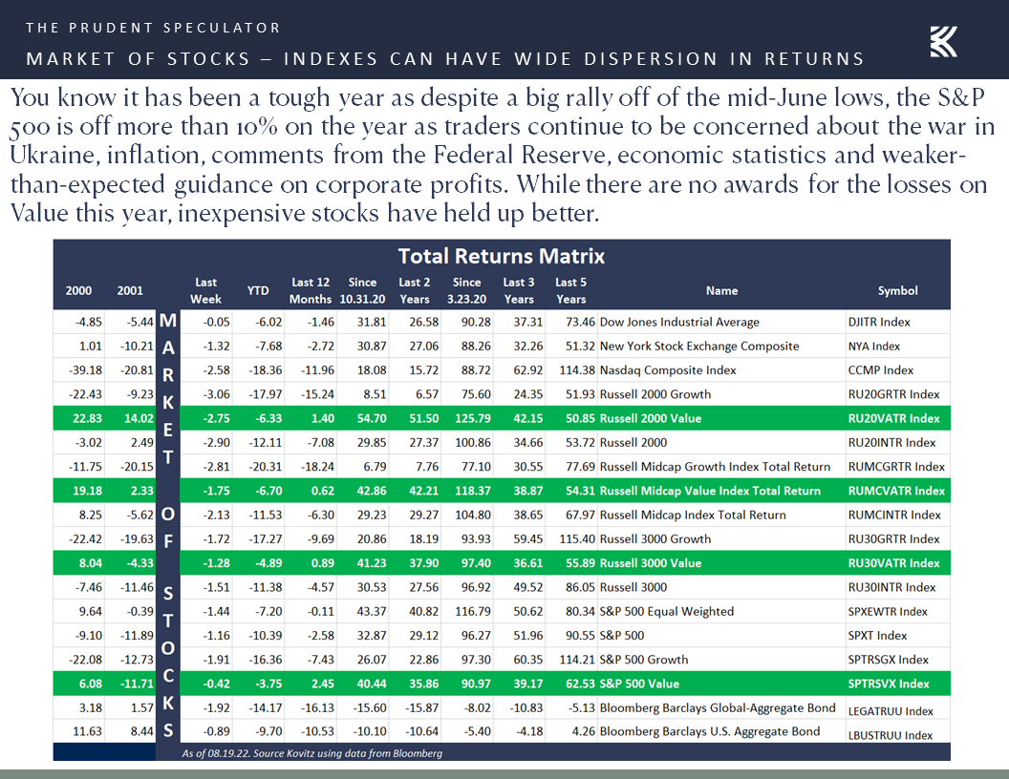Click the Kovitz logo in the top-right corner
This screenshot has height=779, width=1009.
[x=943, y=42]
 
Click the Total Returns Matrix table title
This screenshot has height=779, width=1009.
[x=502, y=256]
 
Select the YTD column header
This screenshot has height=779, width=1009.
[x=258, y=290]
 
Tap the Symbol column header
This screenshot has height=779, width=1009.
[x=897, y=291]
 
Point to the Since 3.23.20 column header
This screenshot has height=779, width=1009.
[x=466, y=290]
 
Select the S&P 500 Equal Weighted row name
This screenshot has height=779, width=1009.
[x=666, y=612]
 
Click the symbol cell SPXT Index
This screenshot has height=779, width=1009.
[x=877, y=636]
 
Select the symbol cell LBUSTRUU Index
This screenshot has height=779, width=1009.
[x=890, y=735]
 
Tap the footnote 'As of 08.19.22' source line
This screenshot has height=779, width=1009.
[x=311, y=753]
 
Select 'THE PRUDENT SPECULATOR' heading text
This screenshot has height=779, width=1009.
[x=153, y=28]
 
